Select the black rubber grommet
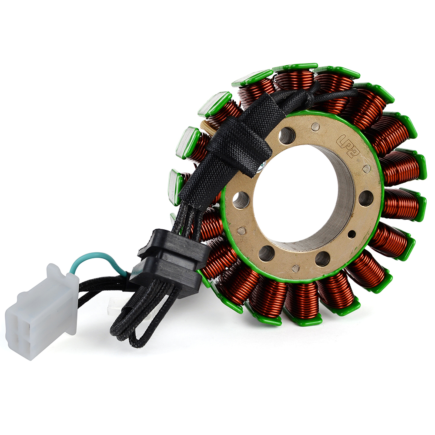click(170, 262)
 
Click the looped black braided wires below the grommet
click(144, 319)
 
